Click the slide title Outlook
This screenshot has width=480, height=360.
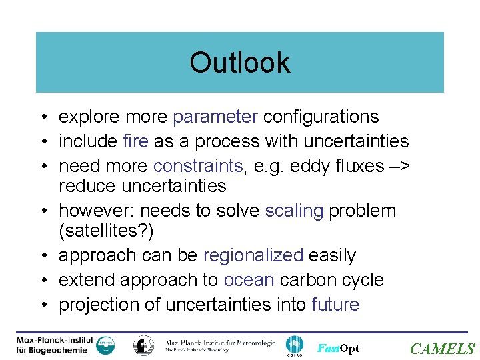[x=239, y=63]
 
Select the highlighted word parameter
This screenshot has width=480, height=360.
[x=215, y=117]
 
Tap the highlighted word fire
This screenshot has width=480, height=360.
[x=137, y=141]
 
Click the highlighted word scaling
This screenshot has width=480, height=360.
[x=294, y=211]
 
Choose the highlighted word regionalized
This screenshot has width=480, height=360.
[x=253, y=255]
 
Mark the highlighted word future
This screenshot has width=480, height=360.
[x=335, y=305]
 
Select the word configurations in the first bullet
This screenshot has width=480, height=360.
[x=321, y=117]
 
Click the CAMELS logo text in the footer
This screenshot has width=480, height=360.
[x=442, y=349]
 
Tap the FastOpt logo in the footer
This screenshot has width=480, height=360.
[x=338, y=349]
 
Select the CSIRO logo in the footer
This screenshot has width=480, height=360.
[x=294, y=345]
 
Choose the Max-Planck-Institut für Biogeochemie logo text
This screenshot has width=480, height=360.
[x=55, y=345]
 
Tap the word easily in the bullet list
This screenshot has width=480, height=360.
[x=332, y=255]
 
